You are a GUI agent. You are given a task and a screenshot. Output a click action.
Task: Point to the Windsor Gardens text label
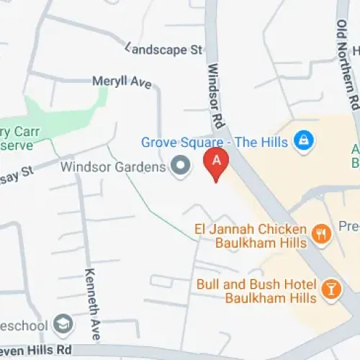pos(113,167)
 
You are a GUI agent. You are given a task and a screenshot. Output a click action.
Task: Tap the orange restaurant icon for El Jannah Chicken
pos(321,232)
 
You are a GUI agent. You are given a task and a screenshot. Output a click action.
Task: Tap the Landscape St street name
pos(164,50)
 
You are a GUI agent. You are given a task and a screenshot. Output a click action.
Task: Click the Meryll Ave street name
pos(122,82)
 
